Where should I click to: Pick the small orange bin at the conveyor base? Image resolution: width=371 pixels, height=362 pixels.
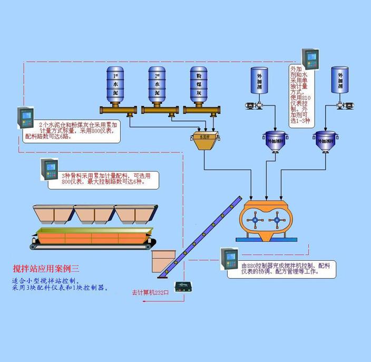click(x=162, y=261)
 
